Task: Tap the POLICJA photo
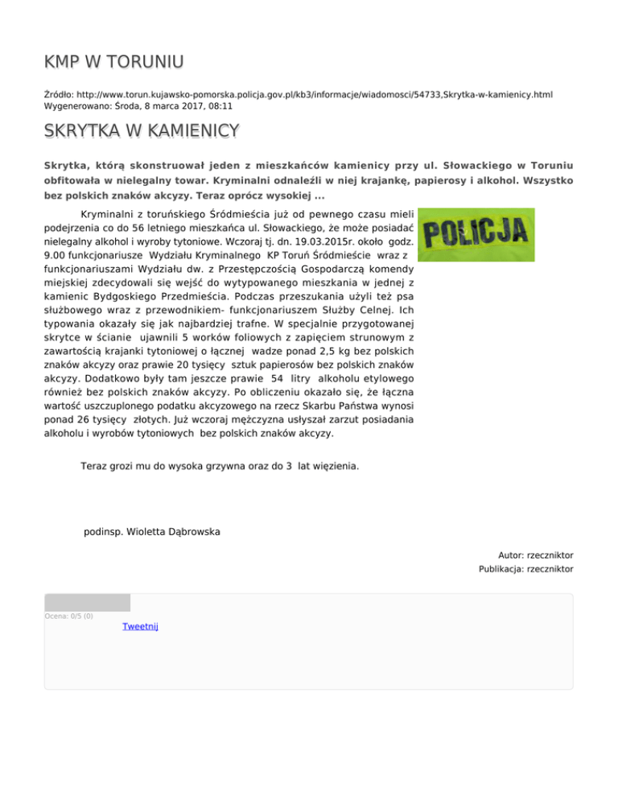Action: click(480, 236)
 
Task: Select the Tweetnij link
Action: click(140, 626)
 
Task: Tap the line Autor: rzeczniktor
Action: click(535, 555)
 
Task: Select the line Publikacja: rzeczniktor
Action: click(524, 569)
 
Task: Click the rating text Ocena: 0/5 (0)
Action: click(68, 616)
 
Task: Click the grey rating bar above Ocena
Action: click(87, 603)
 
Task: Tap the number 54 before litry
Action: click(256, 378)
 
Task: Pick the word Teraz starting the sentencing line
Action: click(96, 466)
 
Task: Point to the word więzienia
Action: click(334, 466)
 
